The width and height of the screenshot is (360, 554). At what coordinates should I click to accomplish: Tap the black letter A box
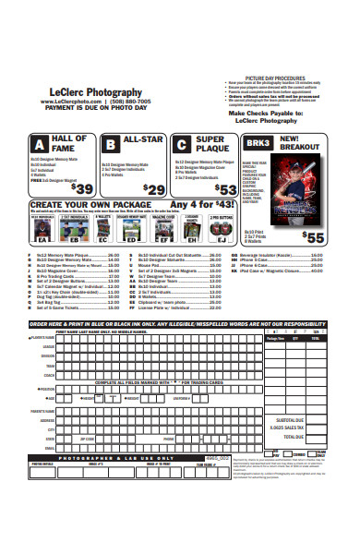(40, 145)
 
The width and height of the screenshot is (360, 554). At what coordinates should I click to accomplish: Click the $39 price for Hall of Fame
(82, 187)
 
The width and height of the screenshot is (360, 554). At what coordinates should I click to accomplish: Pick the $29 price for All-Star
(154, 188)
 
